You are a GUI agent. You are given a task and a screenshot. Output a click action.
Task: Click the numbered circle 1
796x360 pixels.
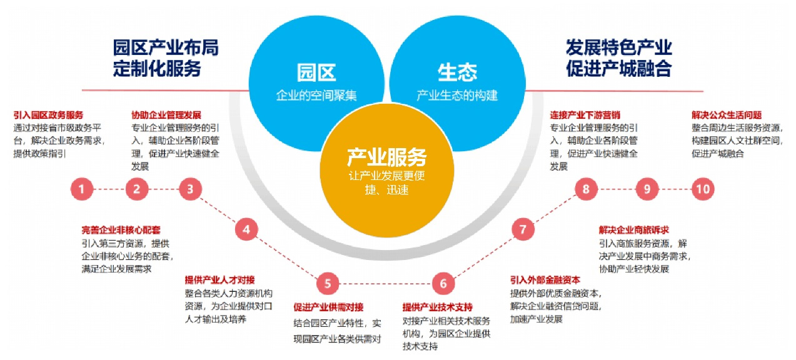81,189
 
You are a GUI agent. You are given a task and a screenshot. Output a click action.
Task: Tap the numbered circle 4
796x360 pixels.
246,229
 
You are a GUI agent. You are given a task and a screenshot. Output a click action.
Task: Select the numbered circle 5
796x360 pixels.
327,284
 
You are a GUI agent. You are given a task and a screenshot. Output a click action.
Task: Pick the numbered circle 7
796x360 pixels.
523,229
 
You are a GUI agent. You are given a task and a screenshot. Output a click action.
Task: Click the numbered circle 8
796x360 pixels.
586,189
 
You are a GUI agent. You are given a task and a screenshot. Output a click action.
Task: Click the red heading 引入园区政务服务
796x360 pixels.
48,116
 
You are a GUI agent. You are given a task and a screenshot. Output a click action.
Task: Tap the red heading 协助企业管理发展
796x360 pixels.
166,116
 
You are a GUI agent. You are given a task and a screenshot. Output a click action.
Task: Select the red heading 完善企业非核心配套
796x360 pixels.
117,230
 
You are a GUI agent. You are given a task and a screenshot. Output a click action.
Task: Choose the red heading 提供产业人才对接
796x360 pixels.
219,279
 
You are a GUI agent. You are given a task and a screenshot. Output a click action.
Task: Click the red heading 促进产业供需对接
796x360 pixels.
328,307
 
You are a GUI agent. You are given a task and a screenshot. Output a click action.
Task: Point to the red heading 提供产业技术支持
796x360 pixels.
437,307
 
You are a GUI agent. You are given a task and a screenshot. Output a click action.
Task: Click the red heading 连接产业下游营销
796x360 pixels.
585,116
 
